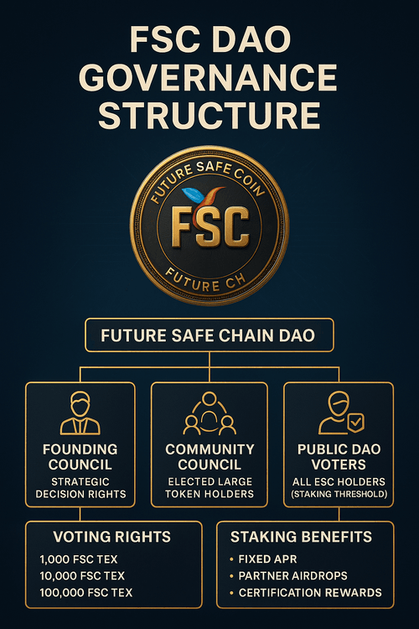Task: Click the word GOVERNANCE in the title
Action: coord(208,77)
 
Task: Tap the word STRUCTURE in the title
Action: coord(209,115)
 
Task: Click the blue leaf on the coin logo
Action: coord(194,195)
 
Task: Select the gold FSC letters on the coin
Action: coord(210,226)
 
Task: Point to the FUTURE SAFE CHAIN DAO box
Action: coord(209,335)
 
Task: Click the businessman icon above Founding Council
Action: coord(80,413)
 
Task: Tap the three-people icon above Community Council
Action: coord(209,413)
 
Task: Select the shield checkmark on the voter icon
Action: coord(356,423)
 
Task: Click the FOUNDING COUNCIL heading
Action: coord(80,456)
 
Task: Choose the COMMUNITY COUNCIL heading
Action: coord(209,456)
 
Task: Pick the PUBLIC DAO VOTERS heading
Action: coord(339,456)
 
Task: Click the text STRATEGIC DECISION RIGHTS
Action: coord(80,487)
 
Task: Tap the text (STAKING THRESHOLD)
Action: coord(339,494)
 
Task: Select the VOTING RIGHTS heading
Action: coord(111,537)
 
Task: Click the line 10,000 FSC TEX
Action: coord(82,575)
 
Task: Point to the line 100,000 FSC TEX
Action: coord(85,592)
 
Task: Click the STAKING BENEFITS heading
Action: coord(301,537)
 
